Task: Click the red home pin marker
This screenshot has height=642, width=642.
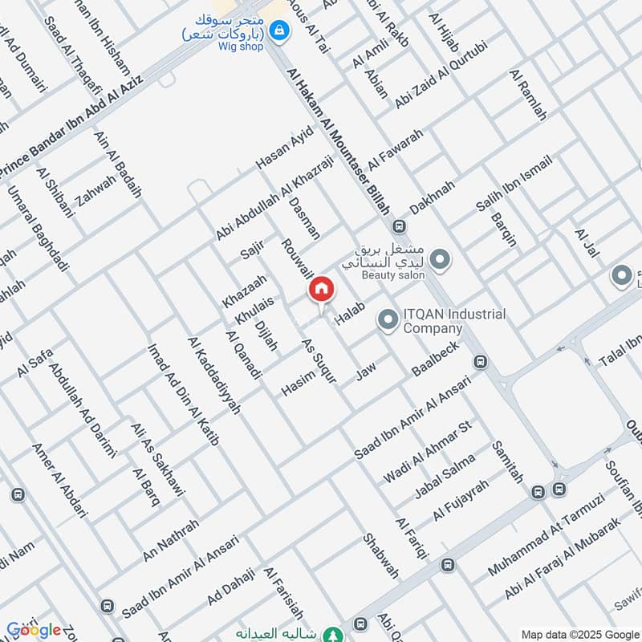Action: pos(321,290)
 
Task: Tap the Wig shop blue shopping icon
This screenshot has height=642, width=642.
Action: pos(278,31)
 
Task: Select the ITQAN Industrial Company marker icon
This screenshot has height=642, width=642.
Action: pos(388,321)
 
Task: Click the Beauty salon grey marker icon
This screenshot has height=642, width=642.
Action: pos(439,259)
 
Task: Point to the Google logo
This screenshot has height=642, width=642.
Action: pos(33,630)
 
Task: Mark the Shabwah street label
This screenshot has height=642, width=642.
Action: pos(380,556)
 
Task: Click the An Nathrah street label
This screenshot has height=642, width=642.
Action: pos(171,540)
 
